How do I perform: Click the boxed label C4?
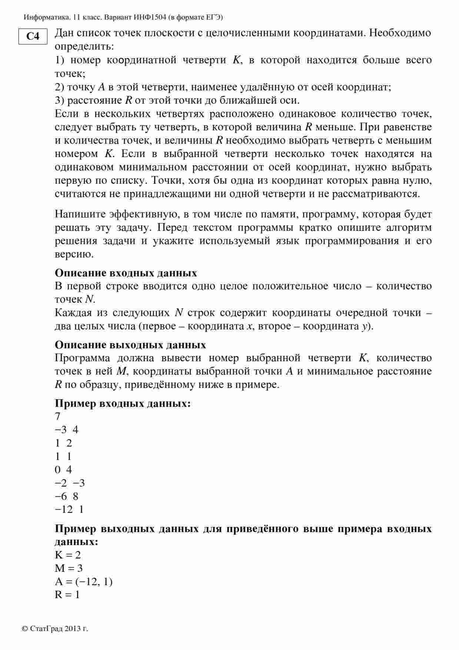(33, 36)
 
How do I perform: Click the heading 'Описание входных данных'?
(126, 273)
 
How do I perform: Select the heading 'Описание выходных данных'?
(130, 345)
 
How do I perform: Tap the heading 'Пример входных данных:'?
(123, 403)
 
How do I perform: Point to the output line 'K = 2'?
(68, 555)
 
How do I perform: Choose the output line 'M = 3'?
(69, 568)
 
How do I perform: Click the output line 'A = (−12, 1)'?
(84, 581)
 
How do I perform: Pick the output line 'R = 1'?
(67, 595)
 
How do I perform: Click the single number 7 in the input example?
(57, 417)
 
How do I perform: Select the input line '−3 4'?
(66, 430)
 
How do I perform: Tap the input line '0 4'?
(63, 470)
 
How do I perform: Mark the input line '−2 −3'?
(70, 483)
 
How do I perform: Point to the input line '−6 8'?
(66, 497)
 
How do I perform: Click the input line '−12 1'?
(69, 510)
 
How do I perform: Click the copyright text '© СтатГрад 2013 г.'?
(55, 629)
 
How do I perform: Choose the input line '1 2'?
(63, 443)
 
